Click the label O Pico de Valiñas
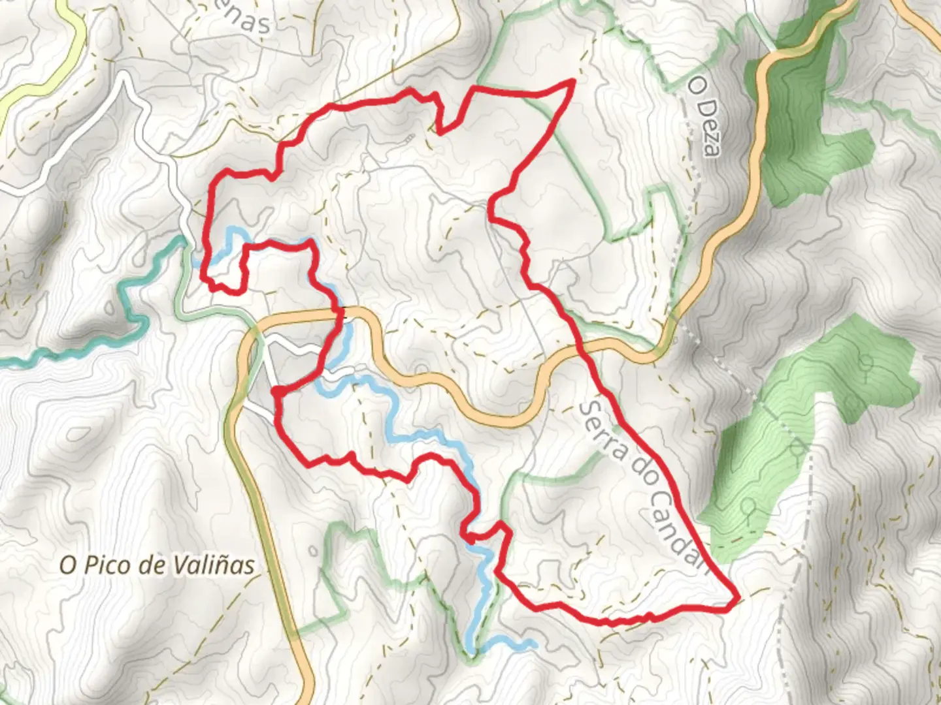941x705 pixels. pyautogui.click(x=157, y=565)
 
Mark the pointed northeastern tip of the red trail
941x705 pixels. pyautogui.click(x=572, y=81)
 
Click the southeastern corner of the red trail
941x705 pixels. pyautogui.click(x=736, y=598)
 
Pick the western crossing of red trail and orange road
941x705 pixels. pyautogui.click(x=340, y=313)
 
